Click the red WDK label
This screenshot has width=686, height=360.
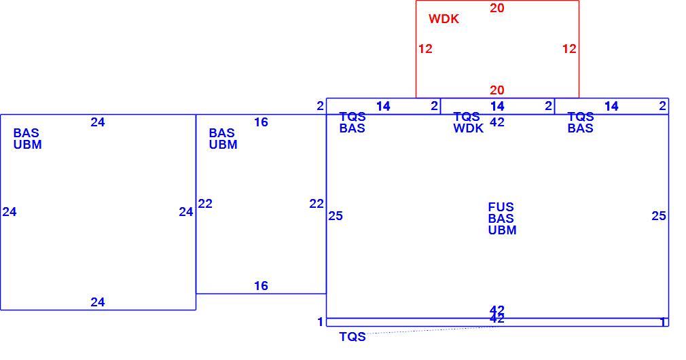point(444,19)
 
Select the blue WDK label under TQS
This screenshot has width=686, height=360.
point(468,128)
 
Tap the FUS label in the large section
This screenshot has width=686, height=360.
point(501,207)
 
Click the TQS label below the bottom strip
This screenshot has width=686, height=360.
point(353,337)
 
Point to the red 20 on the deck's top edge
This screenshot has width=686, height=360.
point(497,8)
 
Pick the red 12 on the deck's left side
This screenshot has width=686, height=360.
point(425,48)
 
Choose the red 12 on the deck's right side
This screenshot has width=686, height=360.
point(569,48)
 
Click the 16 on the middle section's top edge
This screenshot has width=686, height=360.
point(261,122)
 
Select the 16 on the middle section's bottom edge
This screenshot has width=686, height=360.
point(261,286)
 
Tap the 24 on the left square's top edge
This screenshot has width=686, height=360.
point(98,122)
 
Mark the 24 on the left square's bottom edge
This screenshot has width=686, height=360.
point(98,302)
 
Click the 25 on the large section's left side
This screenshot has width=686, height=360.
point(336,215)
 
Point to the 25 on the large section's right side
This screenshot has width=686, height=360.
point(659,215)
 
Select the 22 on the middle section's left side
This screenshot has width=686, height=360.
point(205,203)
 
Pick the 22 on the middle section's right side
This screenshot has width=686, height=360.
point(317,203)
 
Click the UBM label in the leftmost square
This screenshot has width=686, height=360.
point(28,145)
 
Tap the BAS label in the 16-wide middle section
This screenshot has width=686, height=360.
point(222,132)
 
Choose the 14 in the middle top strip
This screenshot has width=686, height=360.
point(497,106)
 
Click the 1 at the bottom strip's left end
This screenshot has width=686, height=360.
point(321,322)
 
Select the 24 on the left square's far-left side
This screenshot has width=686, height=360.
point(10,212)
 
